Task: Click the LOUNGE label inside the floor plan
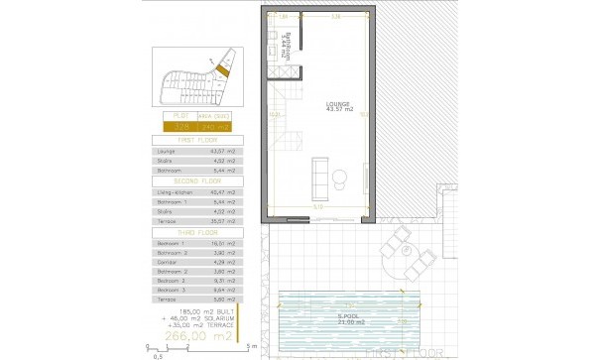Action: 339,104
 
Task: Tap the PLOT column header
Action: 181,117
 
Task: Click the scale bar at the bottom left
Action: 198,346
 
